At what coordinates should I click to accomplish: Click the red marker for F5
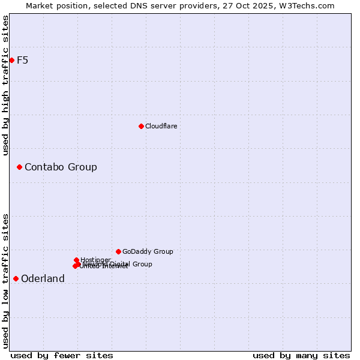11,60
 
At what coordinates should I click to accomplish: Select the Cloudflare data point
141,126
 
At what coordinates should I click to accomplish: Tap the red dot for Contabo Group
19,167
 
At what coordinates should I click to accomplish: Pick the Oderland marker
16,278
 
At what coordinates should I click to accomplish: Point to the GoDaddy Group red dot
118,251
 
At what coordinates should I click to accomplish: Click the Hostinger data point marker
76,260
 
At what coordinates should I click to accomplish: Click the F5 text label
22,60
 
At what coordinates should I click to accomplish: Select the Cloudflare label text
161,126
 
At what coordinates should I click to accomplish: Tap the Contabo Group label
61,167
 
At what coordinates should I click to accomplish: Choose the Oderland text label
43,278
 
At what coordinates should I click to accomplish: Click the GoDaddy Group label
147,251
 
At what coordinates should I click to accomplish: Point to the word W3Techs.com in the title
309,5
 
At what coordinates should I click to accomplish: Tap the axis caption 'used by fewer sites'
62,355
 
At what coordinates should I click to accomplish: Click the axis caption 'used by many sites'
301,355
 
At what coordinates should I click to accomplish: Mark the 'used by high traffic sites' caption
5,85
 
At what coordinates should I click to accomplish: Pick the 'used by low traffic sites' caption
5,281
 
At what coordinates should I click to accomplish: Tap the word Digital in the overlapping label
119,264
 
